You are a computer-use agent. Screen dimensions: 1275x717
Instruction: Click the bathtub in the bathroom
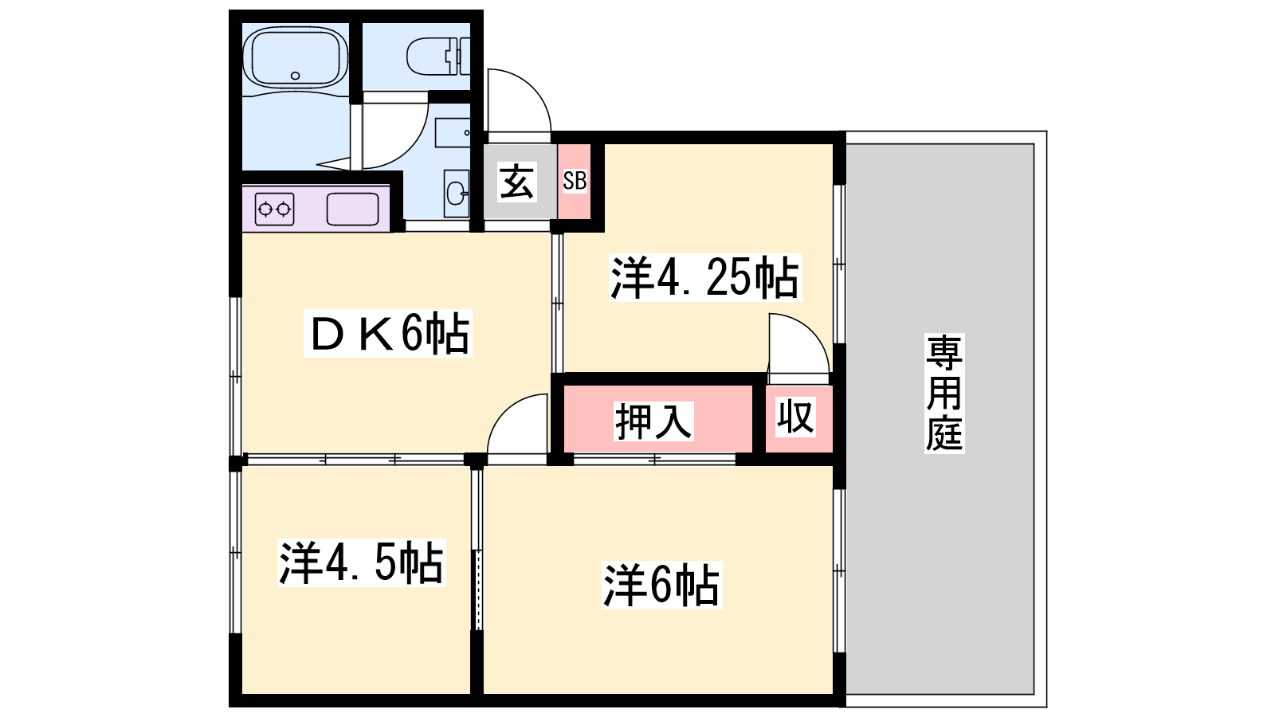[295, 59]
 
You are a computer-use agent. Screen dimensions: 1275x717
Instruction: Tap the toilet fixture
[438, 57]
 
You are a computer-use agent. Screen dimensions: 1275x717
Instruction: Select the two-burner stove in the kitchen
[274, 210]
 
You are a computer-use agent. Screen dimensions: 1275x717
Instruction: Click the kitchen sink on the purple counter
[352, 210]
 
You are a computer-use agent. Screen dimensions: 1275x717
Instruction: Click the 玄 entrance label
[517, 182]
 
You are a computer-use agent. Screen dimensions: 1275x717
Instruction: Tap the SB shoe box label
[575, 181]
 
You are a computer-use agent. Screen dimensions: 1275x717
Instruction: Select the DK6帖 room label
[387, 333]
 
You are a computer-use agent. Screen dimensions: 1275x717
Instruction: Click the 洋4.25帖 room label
[704, 278]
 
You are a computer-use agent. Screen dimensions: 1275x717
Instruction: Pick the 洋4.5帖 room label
[361, 562]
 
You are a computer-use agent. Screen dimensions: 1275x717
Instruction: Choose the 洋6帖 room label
[661, 585]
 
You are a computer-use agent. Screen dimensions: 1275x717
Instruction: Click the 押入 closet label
[653, 421]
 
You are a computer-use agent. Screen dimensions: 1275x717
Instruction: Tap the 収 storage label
[796, 417]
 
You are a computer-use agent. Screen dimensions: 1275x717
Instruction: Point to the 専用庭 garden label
[943, 393]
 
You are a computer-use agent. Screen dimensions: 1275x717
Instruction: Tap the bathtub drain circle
[295, 76]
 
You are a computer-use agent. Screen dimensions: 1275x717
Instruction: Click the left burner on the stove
[265, 210]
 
